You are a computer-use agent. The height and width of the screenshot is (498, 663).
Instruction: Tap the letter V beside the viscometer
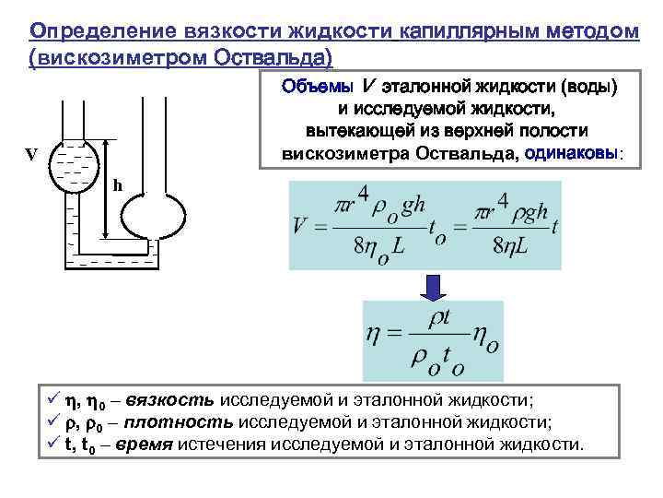pos(31,155)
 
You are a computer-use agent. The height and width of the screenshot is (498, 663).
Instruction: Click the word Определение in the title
pos(93,31)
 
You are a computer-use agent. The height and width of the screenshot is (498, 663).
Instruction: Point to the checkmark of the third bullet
pos(53,445)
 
